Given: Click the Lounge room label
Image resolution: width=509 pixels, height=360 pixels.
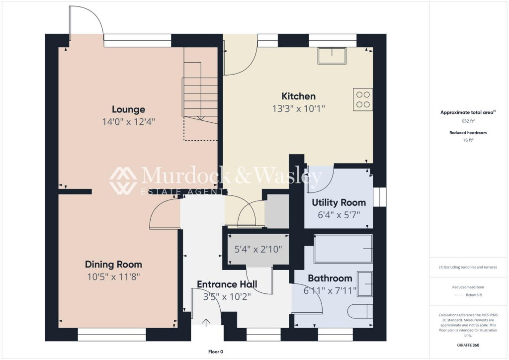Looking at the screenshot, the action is [129, 109].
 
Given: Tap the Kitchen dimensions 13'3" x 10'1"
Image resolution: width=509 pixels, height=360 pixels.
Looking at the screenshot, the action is [298, 108].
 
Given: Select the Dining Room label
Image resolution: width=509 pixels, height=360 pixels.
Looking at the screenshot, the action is [113, 265].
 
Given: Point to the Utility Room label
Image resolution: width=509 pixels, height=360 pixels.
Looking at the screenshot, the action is [339, 203].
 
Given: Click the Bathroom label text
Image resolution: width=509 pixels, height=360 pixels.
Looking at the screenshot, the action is [330, 278].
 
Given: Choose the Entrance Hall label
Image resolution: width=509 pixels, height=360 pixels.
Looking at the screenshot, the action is [227, 284].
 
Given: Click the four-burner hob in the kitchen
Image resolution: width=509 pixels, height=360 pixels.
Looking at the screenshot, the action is [363, 99].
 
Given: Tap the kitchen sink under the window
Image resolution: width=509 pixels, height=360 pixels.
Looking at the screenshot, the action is [332, 56].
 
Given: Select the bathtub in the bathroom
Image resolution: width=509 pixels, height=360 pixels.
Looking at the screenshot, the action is [343, 249].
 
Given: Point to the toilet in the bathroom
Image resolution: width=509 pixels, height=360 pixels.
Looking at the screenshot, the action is [360, 311].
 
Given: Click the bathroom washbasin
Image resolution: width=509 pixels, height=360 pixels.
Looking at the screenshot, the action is [364, 284].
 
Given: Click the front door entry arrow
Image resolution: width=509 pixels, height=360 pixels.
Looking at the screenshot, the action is [206, 322].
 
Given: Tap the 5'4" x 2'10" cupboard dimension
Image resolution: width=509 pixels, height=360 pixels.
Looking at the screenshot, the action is [258, 249].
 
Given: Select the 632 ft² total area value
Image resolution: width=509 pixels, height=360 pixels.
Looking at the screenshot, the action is [468, 121].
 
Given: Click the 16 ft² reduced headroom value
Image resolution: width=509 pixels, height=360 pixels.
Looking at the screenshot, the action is [468, 140].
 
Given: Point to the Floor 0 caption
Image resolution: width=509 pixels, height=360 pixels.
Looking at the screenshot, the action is [216, 352].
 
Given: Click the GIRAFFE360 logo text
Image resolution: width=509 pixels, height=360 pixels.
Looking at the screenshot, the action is [468, 345].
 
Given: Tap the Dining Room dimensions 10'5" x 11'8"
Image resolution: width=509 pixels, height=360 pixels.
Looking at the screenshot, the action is [113, 277].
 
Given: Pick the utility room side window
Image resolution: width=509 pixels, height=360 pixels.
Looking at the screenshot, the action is [379, 197].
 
